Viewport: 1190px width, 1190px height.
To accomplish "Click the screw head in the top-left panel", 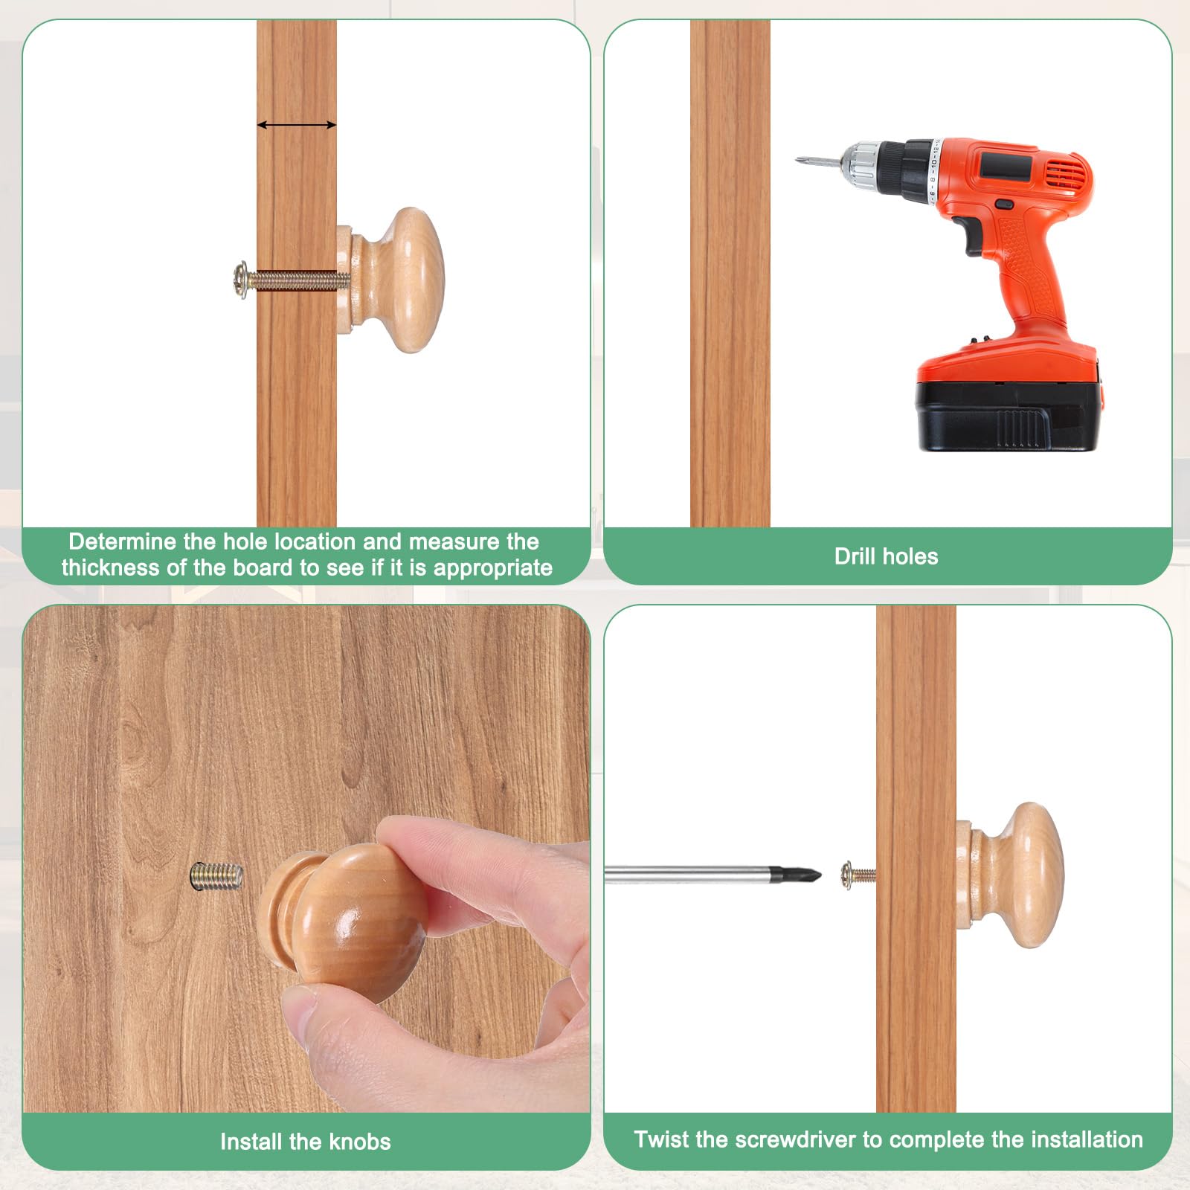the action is coord(240,280).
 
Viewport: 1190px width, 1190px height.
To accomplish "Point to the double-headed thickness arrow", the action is coord(297,125).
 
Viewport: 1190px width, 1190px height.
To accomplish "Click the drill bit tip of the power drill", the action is coord(798,158).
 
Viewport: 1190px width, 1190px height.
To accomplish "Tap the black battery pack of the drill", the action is coord(1009,416).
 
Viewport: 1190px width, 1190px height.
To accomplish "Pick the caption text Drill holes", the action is coord(886,556).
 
